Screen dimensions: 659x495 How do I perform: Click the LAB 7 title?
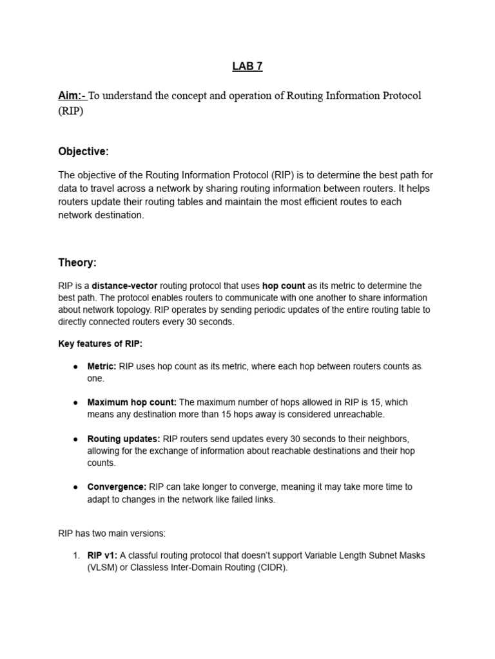pos(247,66)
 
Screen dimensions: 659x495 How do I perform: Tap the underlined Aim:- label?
pos(72,96)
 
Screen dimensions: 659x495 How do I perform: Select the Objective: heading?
pos(84,151)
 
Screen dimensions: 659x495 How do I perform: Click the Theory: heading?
pos(77,263)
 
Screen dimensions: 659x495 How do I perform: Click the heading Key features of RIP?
pos(100,344)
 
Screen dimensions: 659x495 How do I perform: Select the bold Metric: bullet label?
pos(102,366)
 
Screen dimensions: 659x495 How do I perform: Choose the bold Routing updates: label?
pos(124,439)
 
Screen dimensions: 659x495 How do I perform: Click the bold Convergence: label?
pos(117,487)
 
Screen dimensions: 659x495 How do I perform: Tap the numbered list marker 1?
pos(75,555)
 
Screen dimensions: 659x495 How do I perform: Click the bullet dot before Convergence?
pos(75,487)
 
